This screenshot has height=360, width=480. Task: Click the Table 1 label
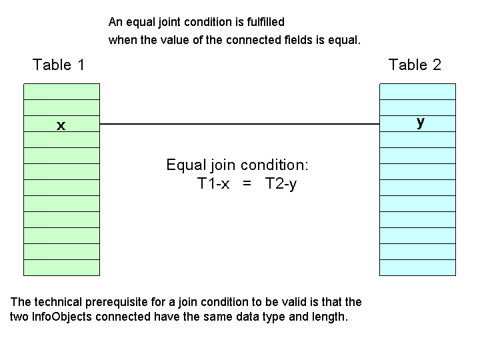[x=59, y=65]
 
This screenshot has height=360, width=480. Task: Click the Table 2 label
[x=415, y=65]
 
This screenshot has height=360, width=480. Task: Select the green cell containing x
[x=61, y=124]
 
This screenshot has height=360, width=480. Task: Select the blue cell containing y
[x=418, y=124]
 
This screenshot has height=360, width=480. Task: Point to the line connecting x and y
[x=239, y=124]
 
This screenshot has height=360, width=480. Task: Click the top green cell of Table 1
[x=61, y=91]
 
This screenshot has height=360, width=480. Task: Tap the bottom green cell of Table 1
[x=61, y=267]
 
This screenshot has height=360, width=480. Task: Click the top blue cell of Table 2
[x=418, y=91]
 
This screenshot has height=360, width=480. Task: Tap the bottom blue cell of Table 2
[x=418, y=267]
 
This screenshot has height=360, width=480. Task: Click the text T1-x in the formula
[x=214, y=184]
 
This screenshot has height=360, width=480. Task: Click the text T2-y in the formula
[x=281, y=184]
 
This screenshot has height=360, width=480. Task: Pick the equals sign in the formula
[x=247, y=184]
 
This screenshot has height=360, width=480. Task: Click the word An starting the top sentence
[x=115, y=23]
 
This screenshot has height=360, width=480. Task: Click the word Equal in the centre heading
[x=183, y=165]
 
